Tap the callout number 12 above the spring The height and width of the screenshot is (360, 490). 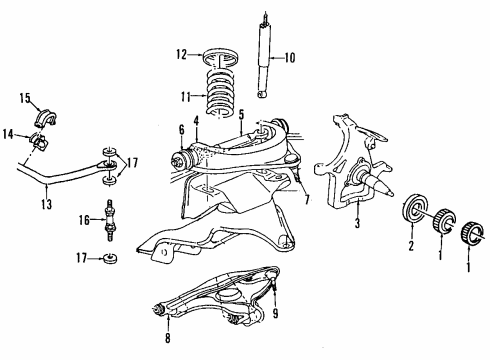click(180, 54)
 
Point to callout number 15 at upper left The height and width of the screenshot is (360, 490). click(26, 97)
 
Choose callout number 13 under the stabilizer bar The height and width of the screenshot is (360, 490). click(46, 205)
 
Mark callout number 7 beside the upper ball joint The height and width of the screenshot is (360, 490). click(307, 200)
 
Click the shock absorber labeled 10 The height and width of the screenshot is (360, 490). click(265, 55)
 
